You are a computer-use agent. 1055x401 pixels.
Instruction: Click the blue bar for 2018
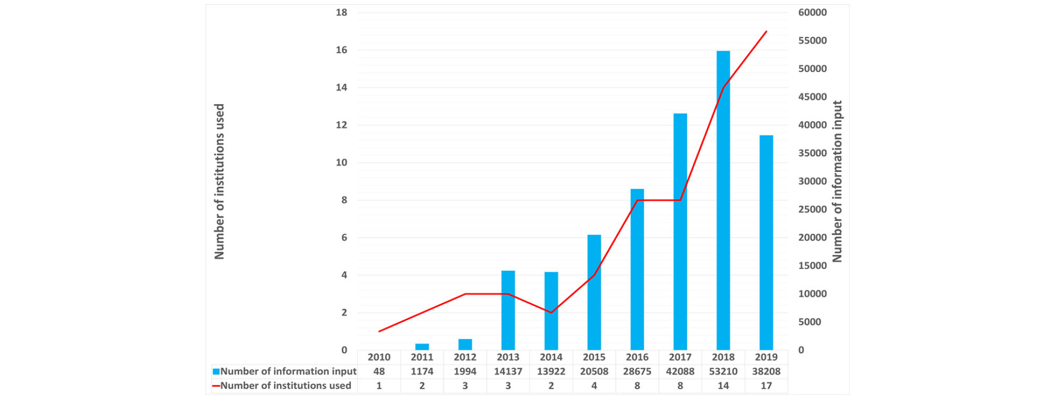point(723,200)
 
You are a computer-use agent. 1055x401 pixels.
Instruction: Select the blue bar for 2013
point(508,310)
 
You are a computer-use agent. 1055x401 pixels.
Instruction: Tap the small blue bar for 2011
point(422,347)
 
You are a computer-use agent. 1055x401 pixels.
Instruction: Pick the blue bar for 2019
point(766,243)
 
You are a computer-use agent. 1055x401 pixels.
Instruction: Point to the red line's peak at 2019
point(767,32)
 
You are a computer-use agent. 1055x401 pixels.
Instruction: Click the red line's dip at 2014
point(551,313)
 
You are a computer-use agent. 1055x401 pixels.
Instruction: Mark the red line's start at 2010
point(379,332)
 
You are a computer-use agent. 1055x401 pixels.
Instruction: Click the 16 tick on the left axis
point(342,50)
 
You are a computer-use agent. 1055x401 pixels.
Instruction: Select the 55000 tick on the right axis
point(812,40)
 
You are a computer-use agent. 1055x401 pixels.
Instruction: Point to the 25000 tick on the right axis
point(812,209)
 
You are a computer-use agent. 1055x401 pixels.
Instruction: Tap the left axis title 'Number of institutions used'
point(219,181)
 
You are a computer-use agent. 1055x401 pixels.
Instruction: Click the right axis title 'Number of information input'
point(837,181)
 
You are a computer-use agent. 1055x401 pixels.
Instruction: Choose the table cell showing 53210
point(723,372)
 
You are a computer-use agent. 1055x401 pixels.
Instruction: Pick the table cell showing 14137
point(508,372)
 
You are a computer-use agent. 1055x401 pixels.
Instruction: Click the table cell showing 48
point(379,372)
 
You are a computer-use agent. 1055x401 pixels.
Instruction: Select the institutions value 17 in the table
point(766,386)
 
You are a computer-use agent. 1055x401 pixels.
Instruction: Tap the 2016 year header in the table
point(637,357)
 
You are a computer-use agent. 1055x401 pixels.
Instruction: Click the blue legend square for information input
point(216,372)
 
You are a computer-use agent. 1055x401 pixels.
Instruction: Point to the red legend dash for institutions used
point(216,386)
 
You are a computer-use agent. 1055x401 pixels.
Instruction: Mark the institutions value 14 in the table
point(723,386)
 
